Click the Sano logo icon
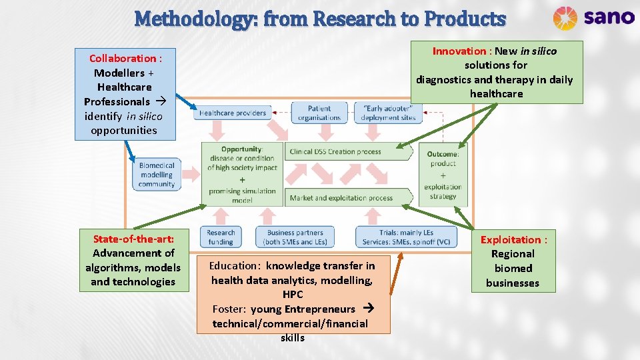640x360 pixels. click(x=565, y=18)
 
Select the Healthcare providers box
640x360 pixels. click(x=233, y=113)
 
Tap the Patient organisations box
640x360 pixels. click(x=319, y=113)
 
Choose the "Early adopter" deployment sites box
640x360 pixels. click(x=388, y=113)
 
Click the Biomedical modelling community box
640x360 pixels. click(x=157, y=175)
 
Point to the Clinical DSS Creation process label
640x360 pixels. click(x=335, y=152)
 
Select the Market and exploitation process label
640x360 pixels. click(x=341, y=197)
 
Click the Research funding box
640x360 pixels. click(x=221, y=237)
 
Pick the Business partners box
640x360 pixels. click(x=295, y=237)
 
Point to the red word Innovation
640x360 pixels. click(x=459, y=51)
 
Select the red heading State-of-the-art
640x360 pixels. click(x=133, y=239)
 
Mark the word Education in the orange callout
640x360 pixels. click(x=234, y=266)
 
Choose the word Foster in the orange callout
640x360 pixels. click(x=229, y=309)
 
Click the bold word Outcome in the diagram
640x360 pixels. click(x=443, y=154)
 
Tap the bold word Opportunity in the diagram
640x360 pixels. click(x=241, y=149)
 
